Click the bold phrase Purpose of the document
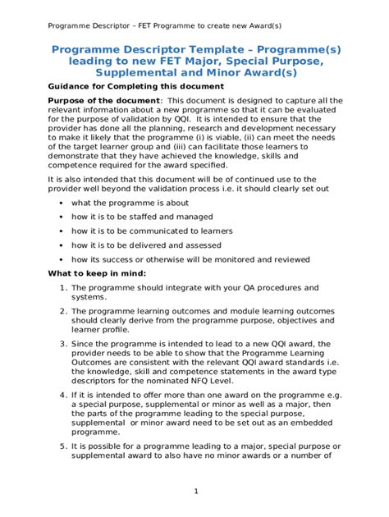pyautogui.click(x=97, y=101)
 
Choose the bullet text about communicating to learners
pyautogui.click(x=152, y=231)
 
